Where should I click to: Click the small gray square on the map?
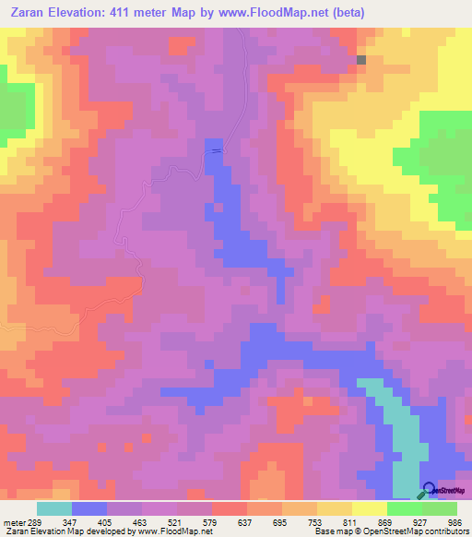click(x=361, y=60)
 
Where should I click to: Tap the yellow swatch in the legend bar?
click(x=370, y=508)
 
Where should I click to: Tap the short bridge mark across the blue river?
click(x=216, y=150)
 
